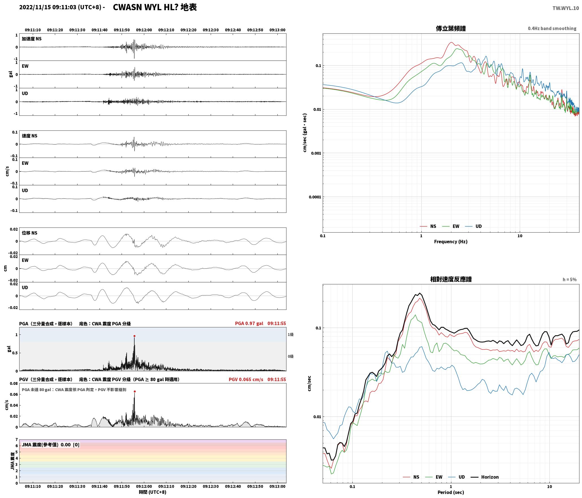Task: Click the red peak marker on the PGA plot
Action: coord(134,336)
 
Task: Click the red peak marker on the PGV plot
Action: coord(135,392)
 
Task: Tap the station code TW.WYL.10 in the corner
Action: coord(566,8)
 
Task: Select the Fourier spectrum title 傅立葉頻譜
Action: coord(451,29)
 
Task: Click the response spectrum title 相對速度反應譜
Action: coord(451,279)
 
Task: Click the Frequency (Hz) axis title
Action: coord(451,242)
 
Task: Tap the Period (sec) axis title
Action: coord(451,492)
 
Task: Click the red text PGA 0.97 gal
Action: coord(249,323)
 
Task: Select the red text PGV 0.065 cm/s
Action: coord(246,379)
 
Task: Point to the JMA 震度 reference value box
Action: coord(51,445)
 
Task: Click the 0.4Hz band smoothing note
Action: coord(552,29)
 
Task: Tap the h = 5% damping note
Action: coord(570,280)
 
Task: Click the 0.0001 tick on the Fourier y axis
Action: coord(315,197)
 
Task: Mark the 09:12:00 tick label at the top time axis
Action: coord(144,30)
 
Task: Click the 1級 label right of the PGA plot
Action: coord(291,334)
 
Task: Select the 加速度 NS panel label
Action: coord(32,39)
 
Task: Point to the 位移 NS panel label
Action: coord(30,233)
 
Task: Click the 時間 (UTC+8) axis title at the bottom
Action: coord(152,492)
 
